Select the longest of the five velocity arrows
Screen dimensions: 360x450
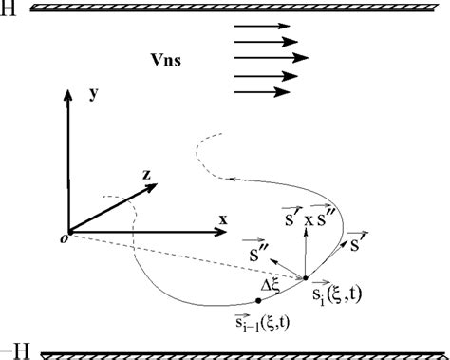pyautogui.click(x=270, y=58)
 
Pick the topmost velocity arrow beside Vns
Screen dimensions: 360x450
pyautogui.click(x=259, y=27)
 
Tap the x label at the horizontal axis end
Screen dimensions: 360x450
pyautogui.click(x=223, y=218)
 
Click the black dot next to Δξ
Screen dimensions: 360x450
pyautogui.click(x=259, y=300)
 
